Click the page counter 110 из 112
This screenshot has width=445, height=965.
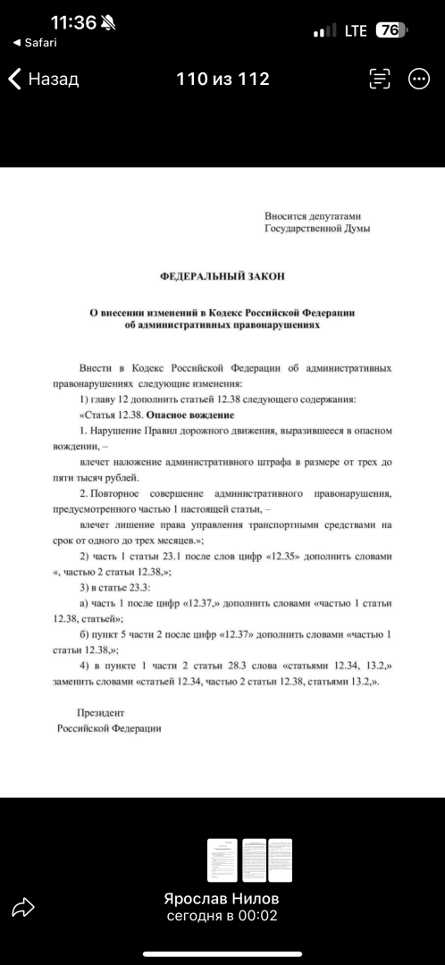pyautogui.click(x=223, y=80)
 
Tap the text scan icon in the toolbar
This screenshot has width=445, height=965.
pyautogui.click(x=380, y=80)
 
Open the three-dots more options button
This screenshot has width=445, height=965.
pyautogui.click(x=418, y=80)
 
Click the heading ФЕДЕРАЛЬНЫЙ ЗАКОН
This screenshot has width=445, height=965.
pyautogui.click(x=222, y=277)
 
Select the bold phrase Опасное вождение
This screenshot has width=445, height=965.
pyautogui.click(x=190, y=415)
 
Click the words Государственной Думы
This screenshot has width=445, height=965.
pyautogui.click(x=316, y=229)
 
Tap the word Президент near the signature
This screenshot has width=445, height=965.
pyautogui.click(x=101, y=713)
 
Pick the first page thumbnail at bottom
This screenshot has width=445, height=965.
pyautogui.click(x=223, y=862)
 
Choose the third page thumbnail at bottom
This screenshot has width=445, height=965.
pyautogui.click(x=281, y=862)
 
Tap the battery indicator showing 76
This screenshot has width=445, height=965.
pyautogui.click(x=390, y=30)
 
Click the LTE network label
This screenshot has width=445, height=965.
pyautogui.click(x=356, y=30)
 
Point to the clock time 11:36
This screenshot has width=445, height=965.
pyautogui.click(x=73, y=23)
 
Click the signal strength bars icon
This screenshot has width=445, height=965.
pyautogui.click(x=324, y=31)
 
